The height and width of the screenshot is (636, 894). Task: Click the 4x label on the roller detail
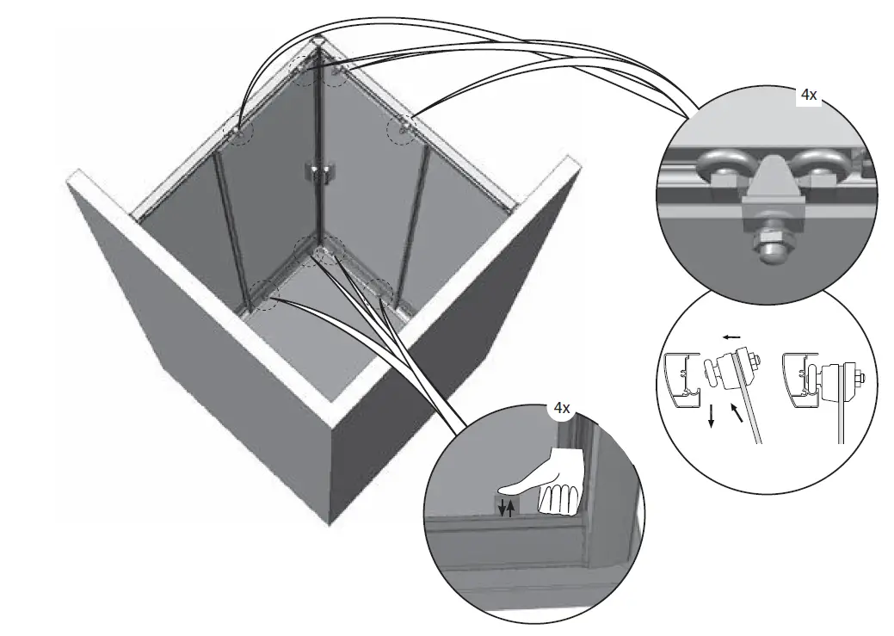[x=808, y=96]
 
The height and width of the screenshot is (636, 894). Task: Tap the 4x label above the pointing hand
[x=561, y=408]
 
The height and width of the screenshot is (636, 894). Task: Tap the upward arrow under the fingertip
[x=511, y=508]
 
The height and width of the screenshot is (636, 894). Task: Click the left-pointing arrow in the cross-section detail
[x=732, y=339]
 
